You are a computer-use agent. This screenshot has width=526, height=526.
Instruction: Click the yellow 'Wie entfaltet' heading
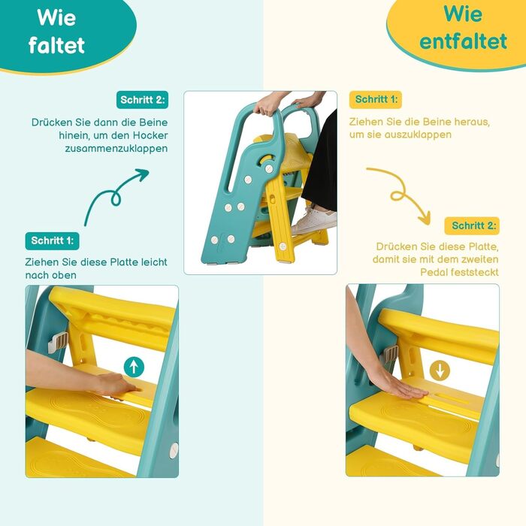[463, 28]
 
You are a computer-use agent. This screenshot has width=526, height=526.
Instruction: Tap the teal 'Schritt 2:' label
[143, 100]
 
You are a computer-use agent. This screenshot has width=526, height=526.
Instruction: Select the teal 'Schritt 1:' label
[53, 241]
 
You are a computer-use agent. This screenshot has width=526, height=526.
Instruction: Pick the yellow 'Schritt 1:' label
[376, 100]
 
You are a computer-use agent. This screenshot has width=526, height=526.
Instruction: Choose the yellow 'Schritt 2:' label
[473, 225]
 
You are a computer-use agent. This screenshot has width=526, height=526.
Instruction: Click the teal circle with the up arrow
[134, 367]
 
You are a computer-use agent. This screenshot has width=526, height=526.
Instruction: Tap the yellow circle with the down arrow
[440, 370]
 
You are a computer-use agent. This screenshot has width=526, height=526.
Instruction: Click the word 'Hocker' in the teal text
[150, 135]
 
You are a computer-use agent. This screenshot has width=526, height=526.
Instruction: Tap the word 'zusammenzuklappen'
[116, 149]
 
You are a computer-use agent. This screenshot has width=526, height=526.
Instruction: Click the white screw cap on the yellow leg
[283, 246]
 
